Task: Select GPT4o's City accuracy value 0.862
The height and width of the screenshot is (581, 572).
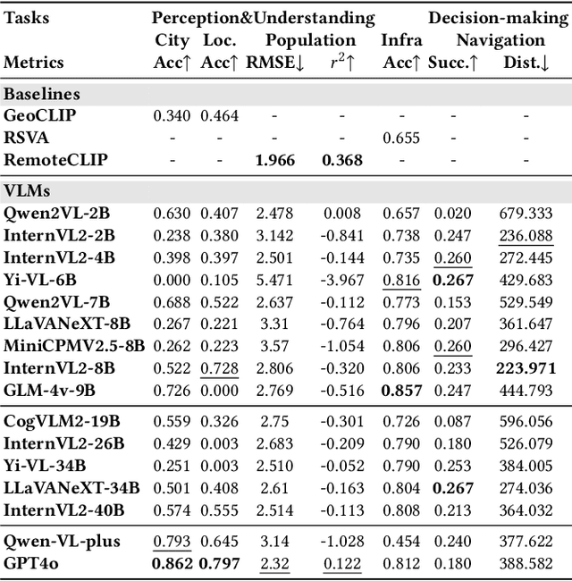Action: point(172,565)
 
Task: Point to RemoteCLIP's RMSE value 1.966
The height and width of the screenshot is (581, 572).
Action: point(276,160)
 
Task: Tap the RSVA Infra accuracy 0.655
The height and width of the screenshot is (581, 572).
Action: point(401,138)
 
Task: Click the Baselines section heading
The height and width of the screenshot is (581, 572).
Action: point(42,93)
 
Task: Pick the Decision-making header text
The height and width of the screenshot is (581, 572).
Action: point(499,18)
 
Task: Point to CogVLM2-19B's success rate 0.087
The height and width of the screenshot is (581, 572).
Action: point(451,421)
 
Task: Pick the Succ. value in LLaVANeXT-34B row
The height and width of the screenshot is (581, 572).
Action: point(451,488)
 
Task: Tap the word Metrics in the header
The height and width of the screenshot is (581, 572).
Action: point(35,62)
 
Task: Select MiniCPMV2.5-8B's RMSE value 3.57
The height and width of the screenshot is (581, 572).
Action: point(276,347)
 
